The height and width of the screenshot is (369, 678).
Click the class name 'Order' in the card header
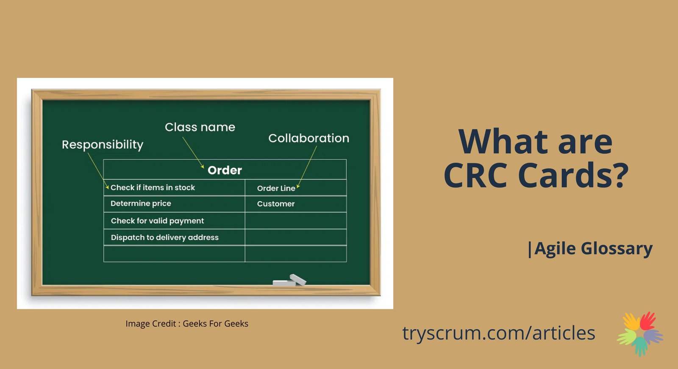click(225, 170)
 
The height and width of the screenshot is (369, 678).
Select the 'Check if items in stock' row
click(153, 188)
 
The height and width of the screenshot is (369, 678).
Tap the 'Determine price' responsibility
click(141, 203)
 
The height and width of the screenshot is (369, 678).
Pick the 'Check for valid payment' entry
click(157, 221)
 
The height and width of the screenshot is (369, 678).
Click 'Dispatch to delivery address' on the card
click(165, 237)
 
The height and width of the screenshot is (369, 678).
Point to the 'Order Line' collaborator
click(276, 188)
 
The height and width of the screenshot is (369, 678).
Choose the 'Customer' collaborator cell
click(276, 204)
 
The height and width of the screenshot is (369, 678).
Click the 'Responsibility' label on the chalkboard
click(103, 145)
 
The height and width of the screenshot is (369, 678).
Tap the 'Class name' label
click(200, 127)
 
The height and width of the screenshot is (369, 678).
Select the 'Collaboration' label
click(309, 138)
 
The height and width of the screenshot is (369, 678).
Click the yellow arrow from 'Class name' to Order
click(193, 153)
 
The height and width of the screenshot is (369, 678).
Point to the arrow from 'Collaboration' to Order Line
click(307, 167)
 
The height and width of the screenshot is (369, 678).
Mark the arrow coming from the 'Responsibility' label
click(98, 171)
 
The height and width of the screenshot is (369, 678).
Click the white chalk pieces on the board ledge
click(289, 280)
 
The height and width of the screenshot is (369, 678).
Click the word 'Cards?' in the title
click(573, 175)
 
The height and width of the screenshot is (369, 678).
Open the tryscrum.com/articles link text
click(498, 333)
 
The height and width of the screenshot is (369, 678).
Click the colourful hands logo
click(640, 334)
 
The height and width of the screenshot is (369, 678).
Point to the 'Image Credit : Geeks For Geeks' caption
click(187, 324)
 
